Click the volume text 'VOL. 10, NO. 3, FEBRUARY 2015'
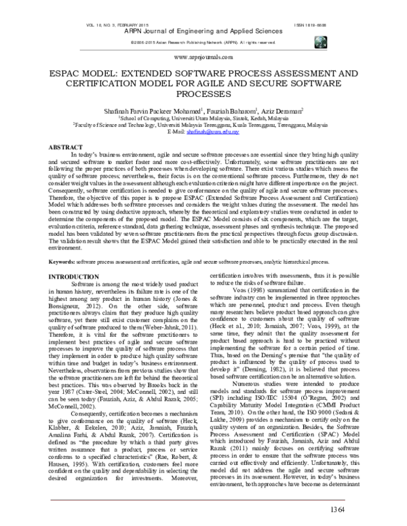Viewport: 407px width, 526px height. (x=94, y=23)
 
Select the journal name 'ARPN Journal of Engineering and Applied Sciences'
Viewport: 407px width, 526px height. (x=203, y=31)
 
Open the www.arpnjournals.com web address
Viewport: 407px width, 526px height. (x=203, y=58)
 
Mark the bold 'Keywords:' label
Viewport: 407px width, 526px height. (x=61, y=261)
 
